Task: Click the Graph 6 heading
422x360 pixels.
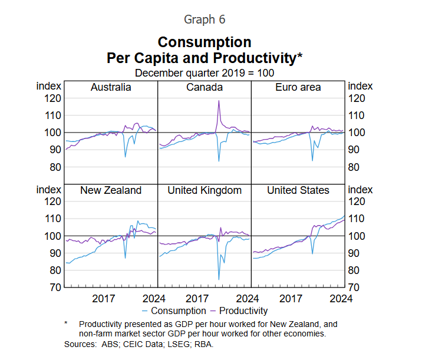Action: tap(205, 19)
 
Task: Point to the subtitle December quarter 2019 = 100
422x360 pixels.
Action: tap(205, 72)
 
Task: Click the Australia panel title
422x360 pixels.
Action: tap(111, 87)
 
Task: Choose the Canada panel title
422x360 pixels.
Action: tap(205, 87)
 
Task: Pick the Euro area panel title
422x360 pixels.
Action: tap(298, 87)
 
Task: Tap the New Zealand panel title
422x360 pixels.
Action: tap(111, 190)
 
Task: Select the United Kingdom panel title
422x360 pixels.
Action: tap(205, 190)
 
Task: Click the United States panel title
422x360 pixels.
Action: tap(298, 190)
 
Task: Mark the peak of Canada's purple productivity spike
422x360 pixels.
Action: tap(219, 100)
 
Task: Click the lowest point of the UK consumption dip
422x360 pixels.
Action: tap(219, 279)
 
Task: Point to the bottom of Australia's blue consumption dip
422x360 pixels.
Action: tap(125, 157)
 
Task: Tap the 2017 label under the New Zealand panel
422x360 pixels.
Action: tap(104, 298)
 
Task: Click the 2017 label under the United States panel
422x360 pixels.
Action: tap(291, 298)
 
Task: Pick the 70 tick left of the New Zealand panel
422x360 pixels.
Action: tap(55, 288)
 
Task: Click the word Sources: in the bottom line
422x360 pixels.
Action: tap(80, 344)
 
